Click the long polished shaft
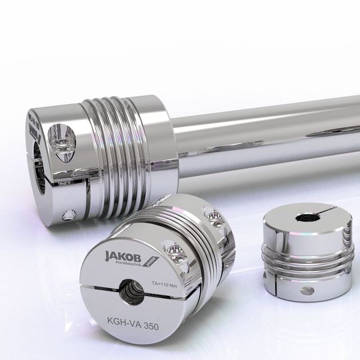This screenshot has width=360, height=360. coord(267,133)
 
